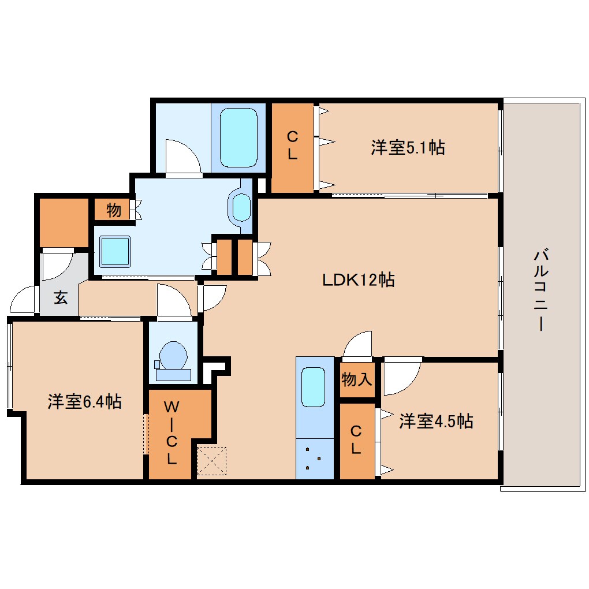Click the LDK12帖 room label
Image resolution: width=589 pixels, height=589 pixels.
(358, 281)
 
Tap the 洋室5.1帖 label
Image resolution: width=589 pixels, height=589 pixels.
(407, 148)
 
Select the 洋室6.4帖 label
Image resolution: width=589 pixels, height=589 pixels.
(84, 401)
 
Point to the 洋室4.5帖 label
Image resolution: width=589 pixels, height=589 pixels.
(436, 421)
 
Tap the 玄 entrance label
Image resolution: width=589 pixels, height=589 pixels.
(60, 298)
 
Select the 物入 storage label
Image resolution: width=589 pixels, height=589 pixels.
(357, 379)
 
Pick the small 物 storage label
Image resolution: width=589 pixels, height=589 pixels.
(114, 210)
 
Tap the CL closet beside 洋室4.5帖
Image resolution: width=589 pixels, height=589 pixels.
(356, 440)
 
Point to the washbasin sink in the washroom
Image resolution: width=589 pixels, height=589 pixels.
(241, 208)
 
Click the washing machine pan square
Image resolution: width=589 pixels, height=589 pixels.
(116, 251)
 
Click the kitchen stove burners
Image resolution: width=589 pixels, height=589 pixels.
(315, 458)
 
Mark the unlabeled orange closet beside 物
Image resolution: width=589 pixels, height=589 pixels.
(64, 223)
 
